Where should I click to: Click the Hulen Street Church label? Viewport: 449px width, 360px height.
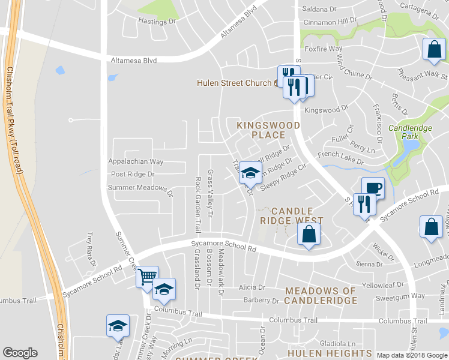pos(235,83)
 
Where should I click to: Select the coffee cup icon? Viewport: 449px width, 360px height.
pos(373,188)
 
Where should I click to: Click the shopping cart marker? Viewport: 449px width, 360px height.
pos(147,277)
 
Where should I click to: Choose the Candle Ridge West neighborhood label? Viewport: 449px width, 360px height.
pos(292,216)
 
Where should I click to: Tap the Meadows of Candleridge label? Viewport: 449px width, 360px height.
pos(321,296)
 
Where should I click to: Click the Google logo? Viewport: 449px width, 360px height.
pos(20,353)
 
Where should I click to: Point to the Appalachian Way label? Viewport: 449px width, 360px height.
pos(136,161)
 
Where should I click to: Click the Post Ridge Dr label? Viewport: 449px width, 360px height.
pos(133,174)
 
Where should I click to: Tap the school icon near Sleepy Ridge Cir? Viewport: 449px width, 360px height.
pos(250,173)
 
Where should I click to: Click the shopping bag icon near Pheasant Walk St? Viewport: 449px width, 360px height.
pos(433,50)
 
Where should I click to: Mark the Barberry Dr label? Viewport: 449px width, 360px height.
pos(258,300)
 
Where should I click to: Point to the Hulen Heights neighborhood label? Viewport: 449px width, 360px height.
pos(330,353)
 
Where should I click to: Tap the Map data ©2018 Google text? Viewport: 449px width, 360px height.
pos(411,355)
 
